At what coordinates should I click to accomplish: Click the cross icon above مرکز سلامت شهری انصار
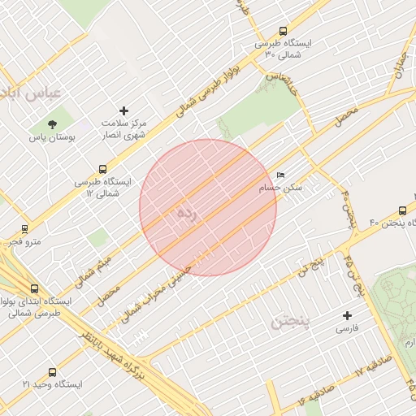pyautogui.click(x=124, y=110)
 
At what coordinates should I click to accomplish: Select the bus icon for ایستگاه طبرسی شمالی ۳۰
pyautogui.click(x=282, y=30)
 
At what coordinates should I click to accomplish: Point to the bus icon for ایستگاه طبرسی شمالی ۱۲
pyautogui.click(x=102, y=170)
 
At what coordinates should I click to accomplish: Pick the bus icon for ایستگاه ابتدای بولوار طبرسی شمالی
pyautogui.click(x=34, y=288)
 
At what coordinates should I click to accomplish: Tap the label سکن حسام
pyautogui.click(x=281, y=188)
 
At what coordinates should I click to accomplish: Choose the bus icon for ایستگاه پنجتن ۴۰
pyautogui.click(x=404, y=209)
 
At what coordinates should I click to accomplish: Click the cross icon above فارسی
pyautogui.click(x=348, y=315)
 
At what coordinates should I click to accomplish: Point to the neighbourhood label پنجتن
pyautogui.click(x=288, y=325)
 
